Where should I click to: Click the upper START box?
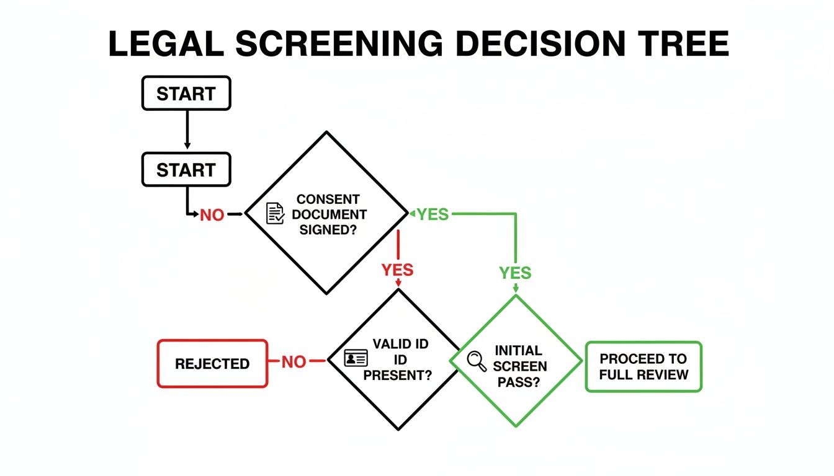(186, 94)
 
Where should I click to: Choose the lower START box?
(186, 170)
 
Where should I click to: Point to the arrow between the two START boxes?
(187, 131)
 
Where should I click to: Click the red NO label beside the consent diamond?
(212, 215)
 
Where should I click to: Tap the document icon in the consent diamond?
(274, 213)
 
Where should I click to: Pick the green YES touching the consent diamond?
(432, 214)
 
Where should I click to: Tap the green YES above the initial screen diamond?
(515, 272)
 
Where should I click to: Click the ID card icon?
(356, 358)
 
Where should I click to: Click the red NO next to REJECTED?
(294, 362)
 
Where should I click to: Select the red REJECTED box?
(212, 364)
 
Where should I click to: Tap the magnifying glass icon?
(477, 361)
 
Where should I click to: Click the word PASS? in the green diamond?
(519, 382)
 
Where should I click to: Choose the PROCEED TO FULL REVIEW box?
(643, 367)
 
